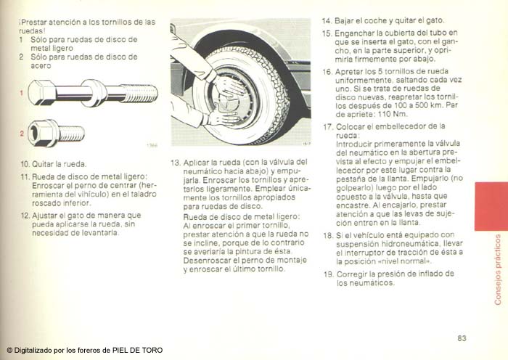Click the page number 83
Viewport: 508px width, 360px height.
point(462,338)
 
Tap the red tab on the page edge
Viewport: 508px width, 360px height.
point(491,206)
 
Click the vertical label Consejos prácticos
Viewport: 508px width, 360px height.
point(498,269)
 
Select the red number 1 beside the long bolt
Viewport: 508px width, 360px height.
point(21,94)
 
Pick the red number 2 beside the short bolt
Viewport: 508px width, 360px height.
point(22,134)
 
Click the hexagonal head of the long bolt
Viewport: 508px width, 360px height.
point(41,93)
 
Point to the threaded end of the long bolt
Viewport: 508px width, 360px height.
point(139,94)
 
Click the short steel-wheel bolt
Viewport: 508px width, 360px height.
point(56,133)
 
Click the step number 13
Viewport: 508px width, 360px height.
point(176,163)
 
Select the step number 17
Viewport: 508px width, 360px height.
point(328,127)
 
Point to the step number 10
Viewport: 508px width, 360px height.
point(25,164)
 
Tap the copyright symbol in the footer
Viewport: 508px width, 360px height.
point(9,351)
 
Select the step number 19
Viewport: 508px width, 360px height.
point(329,274)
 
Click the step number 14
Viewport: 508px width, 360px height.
point(327,21)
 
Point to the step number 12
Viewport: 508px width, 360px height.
point(25,216)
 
